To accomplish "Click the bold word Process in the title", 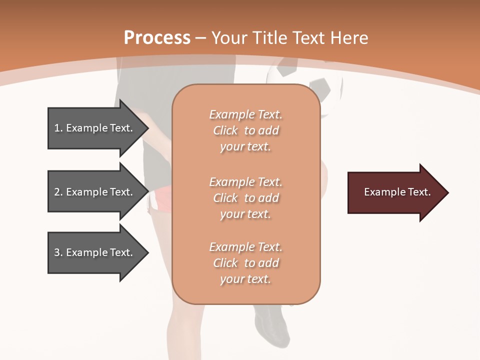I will coord(157,38).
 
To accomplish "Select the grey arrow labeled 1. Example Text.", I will coord(95,128).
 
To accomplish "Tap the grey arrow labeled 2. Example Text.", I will coord(95,192).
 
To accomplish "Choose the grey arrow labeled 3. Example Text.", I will coord(95,252).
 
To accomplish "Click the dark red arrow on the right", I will coord(395,192).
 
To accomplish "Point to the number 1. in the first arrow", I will coord(58,128).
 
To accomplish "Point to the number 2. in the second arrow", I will coord(58,192).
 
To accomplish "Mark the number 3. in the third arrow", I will coord(58,252).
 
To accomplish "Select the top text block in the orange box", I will coord(245,130).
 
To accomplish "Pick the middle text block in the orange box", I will coord(245,198).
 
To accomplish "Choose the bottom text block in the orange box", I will coord(245,263).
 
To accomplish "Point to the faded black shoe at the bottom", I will coord(272,325).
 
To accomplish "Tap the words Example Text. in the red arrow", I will coord(397,192).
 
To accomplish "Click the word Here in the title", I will coord(350,38).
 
